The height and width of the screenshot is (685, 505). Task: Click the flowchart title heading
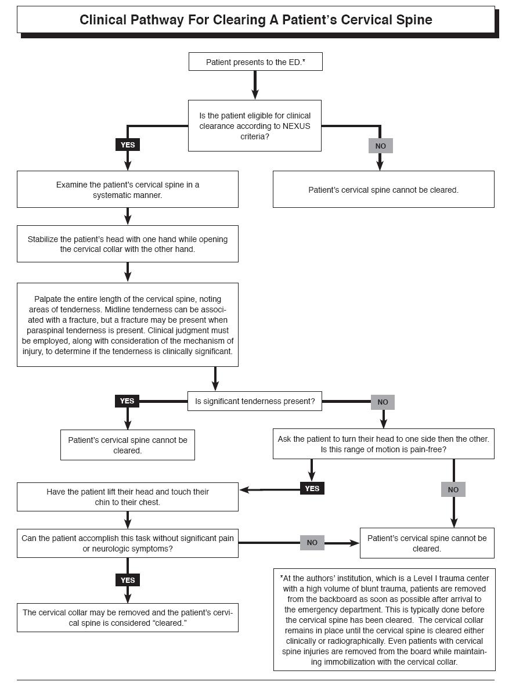[x=255, y=20]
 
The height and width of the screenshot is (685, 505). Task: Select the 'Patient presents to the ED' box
[x=255, y=62]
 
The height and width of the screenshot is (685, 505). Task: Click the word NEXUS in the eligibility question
[x=286, y=126]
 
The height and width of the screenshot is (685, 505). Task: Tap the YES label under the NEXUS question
[x=127, y=145]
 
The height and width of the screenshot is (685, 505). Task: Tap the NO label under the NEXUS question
[x=380, y=146]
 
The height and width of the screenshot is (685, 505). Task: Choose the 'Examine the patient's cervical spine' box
[x=127, y=190]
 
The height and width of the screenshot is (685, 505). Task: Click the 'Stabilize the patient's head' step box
[x=127, y=244]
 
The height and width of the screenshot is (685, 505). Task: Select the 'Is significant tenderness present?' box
[x=254, y=401]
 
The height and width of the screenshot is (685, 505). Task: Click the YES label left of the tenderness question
[x=127, y=401]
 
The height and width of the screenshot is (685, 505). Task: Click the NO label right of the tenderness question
[x=383, y=402]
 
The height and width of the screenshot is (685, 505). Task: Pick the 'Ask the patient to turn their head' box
[x=383, y=444]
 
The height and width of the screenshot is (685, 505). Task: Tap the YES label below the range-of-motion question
[x=312, y=488]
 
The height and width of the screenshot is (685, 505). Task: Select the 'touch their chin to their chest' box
[x=127, y=497]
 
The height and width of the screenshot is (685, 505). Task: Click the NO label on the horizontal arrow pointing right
[x=312, y=542]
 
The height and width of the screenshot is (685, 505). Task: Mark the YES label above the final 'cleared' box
[x=127, y=580]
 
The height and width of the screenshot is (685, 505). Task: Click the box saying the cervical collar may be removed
[x=127, y=618]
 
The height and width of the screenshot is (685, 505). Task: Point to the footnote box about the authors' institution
[x=384, y=619]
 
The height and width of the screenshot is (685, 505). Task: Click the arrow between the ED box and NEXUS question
[x=255, y=85]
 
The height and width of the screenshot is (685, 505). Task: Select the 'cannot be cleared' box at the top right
[x=383, y=190]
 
